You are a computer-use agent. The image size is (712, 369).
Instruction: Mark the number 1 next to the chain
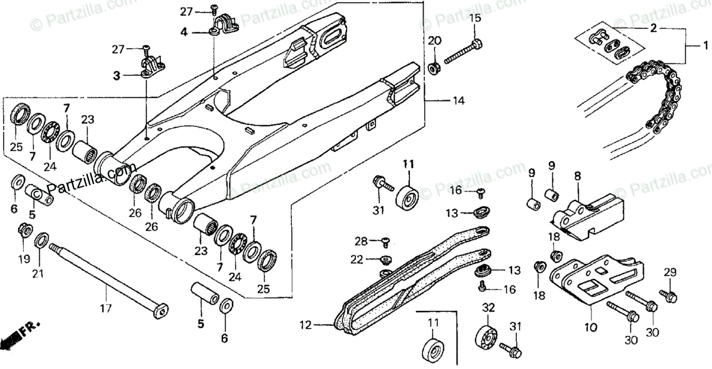point(705,46)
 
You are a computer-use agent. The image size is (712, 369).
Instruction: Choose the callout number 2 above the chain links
point(653,27)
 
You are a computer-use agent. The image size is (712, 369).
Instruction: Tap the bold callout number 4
point(184,32)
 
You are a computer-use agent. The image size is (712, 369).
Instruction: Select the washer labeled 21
point(43,241)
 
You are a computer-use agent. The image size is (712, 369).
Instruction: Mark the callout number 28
point(361,240)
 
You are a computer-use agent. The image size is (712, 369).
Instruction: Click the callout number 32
point(488,307)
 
